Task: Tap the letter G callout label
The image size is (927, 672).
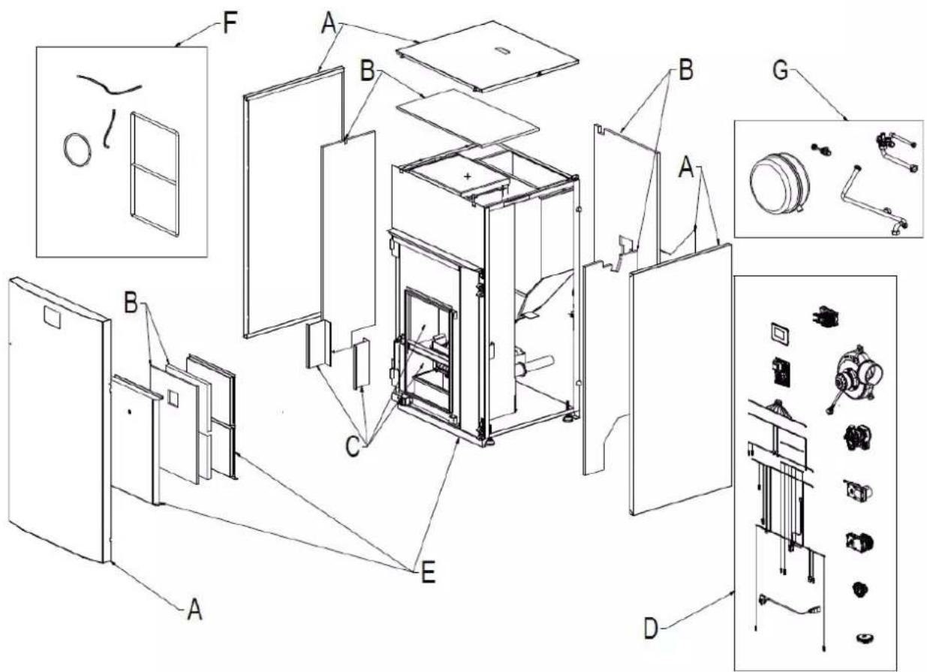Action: click(781, 71)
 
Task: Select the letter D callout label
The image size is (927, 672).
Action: click(651, 629)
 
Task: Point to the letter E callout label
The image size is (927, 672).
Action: click(428, 574)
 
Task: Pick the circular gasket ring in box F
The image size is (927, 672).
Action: click(77, 149)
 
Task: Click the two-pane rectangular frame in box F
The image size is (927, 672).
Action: click(155, 174)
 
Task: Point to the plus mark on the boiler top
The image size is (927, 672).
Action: click(468, 176)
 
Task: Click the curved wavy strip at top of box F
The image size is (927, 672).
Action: click(110, 84)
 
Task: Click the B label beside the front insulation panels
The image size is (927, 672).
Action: click(131, 303)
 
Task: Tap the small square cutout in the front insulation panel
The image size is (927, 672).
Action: click(173, 398)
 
